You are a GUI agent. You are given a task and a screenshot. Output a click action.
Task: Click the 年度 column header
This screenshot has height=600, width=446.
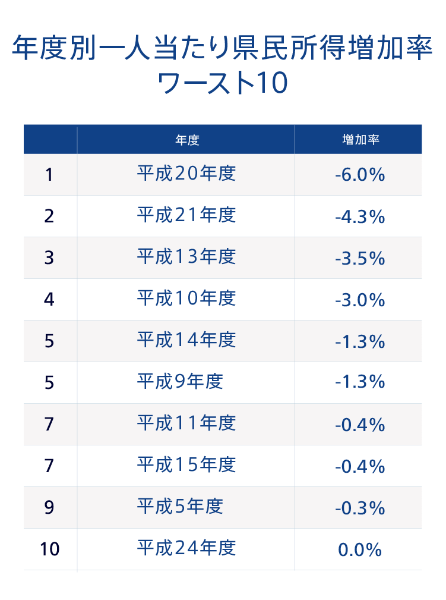[x=186, y=140]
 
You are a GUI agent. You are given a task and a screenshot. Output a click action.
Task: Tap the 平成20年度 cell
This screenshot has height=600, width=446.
[x=186, y=174]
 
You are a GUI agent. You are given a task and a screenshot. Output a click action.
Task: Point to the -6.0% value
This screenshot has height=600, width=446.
[x=360, y=175]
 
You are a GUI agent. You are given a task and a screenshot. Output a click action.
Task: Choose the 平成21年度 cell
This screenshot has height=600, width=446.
[x=186, y=215]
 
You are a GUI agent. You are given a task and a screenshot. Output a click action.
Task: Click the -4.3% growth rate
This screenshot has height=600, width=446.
[x=360, y=217]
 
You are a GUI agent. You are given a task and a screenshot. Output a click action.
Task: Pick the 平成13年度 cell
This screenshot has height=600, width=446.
[x=186, y=257]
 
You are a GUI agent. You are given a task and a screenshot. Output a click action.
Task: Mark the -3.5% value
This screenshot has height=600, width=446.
[x=360, y=259]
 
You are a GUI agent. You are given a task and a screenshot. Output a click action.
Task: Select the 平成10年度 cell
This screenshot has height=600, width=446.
[x=186, y=299]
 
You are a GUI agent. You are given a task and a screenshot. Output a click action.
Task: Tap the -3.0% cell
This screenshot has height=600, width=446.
[x=360, y=300]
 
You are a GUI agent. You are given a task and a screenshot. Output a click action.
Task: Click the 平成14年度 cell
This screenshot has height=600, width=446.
[x=186, y=340]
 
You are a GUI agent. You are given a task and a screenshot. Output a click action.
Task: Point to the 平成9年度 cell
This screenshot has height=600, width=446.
[x=180, y=382]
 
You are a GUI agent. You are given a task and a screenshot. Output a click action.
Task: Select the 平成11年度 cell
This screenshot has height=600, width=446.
[x=186, y=423]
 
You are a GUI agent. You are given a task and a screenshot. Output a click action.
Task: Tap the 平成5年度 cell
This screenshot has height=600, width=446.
[x=180, y=507]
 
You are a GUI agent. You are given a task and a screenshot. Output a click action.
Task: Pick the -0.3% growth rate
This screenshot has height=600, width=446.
[x=360, y=508]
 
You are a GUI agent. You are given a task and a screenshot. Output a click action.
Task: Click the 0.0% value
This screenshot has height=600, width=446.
[x=360, y=550]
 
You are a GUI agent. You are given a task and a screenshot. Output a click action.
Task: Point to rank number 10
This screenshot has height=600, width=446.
[x=50, y=549]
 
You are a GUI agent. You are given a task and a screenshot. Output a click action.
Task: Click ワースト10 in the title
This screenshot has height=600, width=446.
[x=223, y=83]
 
